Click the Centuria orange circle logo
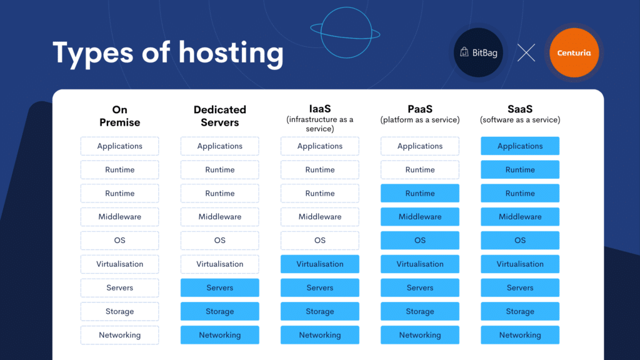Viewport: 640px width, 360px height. [574, 52]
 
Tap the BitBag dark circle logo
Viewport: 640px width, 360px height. [478, 52]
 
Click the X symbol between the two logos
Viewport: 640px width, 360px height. [526, 52]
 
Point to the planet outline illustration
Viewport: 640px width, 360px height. [345, 32]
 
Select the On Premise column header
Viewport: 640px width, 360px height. [119, 116]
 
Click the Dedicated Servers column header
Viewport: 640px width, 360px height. [219, 116]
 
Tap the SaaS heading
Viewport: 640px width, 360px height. [520, 109]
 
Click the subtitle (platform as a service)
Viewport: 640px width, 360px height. [420, 119]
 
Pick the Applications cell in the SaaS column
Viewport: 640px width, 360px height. [520, 146]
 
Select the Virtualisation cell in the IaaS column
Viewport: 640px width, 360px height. [320, 264]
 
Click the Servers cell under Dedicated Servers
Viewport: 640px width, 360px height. [219, 287]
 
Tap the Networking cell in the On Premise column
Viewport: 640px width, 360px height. [119, 335]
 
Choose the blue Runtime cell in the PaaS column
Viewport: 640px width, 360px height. [420, 194]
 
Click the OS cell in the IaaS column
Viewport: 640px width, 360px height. [320, 241]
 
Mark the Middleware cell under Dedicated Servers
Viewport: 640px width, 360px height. [219, 217]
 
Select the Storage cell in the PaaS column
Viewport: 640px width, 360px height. [420, 311]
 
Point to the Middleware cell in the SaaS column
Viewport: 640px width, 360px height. [520, 217]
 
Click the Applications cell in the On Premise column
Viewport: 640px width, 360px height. [119, 146]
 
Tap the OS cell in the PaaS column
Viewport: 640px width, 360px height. [420, 241]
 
